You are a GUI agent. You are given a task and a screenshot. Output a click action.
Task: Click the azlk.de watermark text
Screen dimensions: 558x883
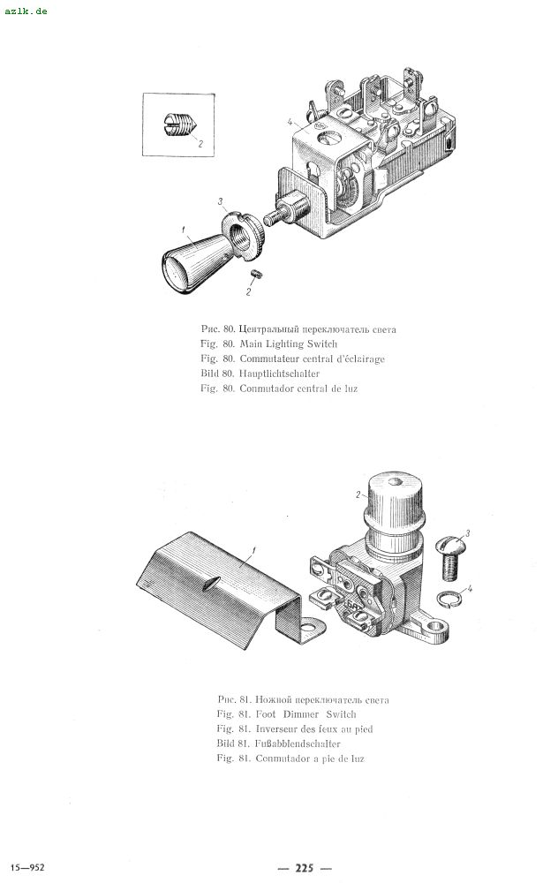click(x=26, y=11)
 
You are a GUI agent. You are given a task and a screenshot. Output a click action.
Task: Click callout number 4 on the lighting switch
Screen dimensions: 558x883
click(x=290, y=122)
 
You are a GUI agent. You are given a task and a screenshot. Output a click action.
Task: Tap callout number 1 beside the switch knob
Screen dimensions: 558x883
click(x=184, y=230)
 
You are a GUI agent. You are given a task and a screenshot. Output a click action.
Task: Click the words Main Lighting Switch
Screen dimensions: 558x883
click(x=289, y=344)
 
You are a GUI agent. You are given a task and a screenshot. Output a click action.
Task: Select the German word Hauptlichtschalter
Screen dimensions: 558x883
click(x=279, y=374)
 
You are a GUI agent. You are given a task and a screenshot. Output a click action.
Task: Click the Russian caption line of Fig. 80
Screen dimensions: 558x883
click(x=298, y=329)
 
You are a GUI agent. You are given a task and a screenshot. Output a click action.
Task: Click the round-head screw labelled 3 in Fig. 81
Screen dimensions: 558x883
click(x=451, y=558)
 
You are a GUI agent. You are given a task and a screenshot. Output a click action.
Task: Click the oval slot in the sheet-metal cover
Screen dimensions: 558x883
click(x=210, y=585)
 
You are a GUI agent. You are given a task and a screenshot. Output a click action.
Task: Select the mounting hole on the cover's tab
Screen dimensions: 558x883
click(x=310, y=626)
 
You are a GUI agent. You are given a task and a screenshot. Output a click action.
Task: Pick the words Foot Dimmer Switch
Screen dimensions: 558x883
click(x=305, y=714)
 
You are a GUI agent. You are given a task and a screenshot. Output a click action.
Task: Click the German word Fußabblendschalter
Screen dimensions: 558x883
click(x=298, y=743)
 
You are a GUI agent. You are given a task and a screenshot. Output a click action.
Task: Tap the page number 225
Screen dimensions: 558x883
click(x=304, y=868)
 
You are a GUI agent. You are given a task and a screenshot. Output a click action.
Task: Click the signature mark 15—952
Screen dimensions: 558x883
click(x=27, y=867)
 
